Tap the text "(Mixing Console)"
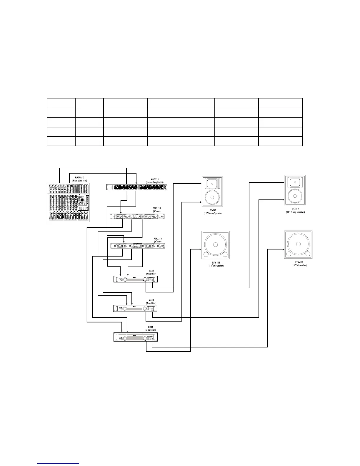(x=79, y=180)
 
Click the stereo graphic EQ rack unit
(x=136, y=187)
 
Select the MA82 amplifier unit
(x=135, y=279)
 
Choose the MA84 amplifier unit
(x=135, y=308)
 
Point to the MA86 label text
(x=151, y=327)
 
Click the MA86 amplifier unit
(x=135, y=337)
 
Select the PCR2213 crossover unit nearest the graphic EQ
(x=137, y=217)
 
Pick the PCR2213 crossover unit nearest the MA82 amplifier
(x=137, y=246)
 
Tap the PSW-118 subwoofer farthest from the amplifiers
(x=298, y=245)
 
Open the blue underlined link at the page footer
(x=59, y=463)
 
